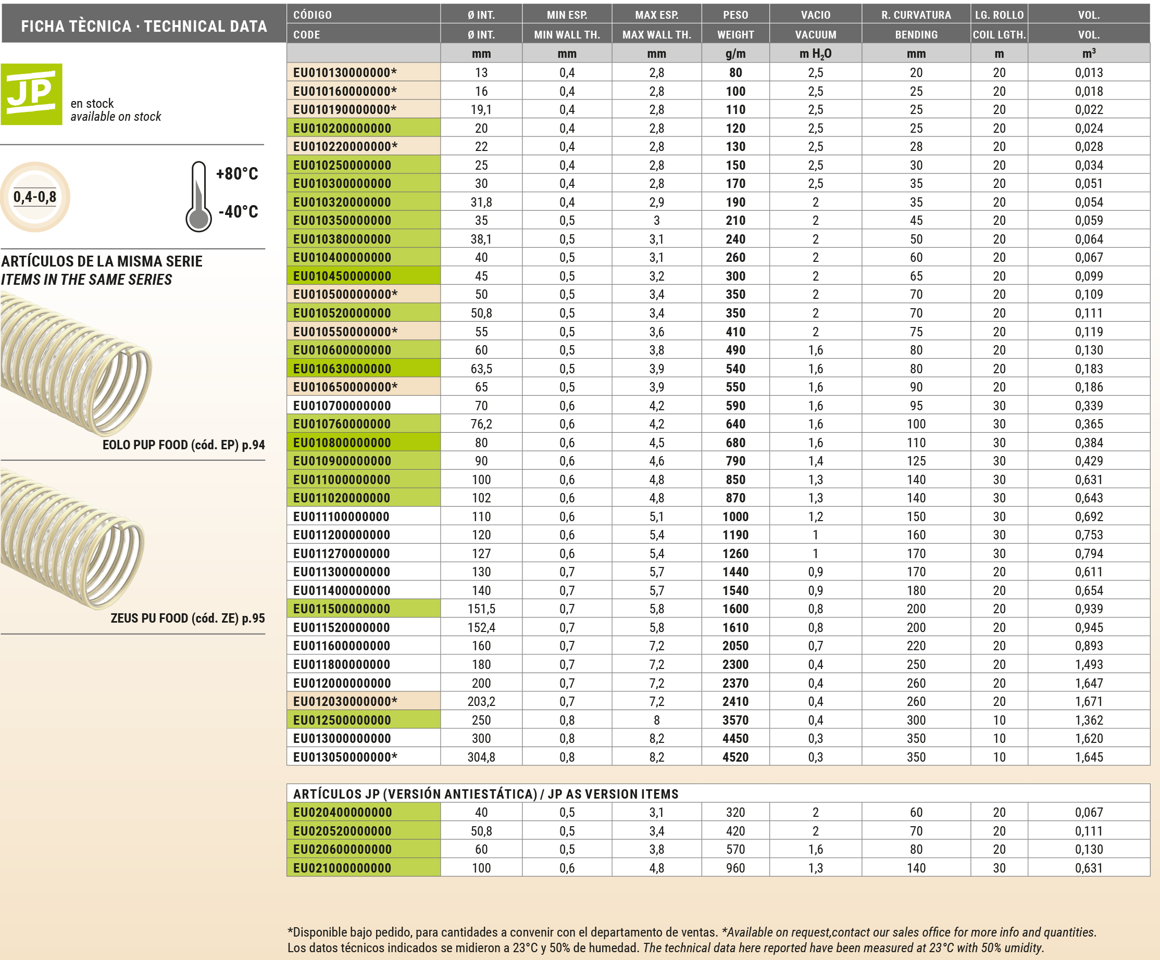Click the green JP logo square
31,94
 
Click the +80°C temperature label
237,174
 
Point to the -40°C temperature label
238,211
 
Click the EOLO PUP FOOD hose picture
76,364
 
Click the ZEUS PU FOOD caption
188,618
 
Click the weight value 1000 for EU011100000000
735,517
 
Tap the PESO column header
735,15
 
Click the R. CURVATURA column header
916,15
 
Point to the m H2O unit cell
815,54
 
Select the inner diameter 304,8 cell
481,757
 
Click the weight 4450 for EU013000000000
735,739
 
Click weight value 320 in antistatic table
735,813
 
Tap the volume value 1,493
1088,665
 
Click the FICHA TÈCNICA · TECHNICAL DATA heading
144,26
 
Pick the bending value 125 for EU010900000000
916,461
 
